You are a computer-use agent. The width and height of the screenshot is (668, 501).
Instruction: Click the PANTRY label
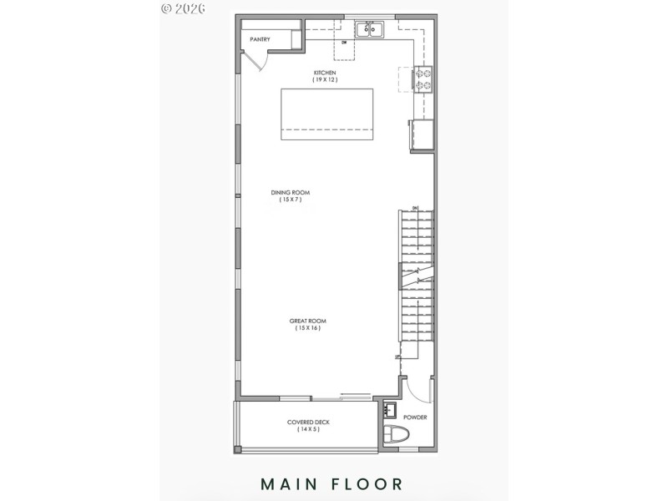260,39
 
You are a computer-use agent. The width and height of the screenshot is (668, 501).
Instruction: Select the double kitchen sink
369,31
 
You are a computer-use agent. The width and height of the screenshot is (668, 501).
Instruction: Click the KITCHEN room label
325,73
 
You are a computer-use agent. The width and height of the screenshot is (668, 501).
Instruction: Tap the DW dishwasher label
343,42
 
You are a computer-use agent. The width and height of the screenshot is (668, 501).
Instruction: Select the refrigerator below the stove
422,135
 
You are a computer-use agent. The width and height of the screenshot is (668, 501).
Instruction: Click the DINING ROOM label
290,193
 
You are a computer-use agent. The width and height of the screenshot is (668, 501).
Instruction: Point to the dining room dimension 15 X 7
290,200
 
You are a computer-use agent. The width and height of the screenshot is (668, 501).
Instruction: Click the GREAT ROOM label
307,321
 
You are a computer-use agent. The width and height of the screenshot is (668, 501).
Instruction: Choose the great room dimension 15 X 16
307,328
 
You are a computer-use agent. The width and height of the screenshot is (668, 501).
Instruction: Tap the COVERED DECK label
308,422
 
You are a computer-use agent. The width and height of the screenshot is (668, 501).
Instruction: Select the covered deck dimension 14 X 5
308,429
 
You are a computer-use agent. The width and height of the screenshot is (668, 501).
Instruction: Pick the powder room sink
390,411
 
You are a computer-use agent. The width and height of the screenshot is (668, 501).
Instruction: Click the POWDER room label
415,417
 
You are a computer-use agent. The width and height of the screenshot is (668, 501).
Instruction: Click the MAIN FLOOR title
331,483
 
